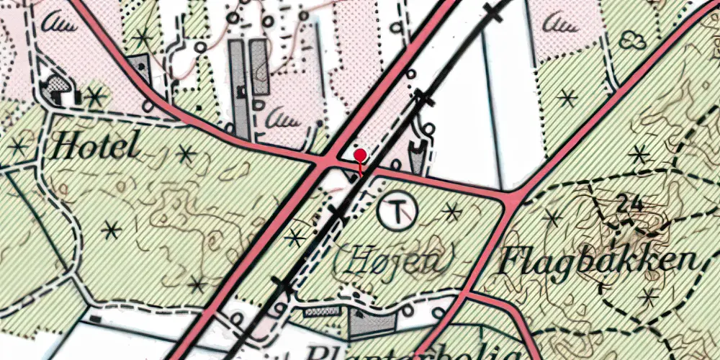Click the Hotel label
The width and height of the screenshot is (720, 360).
pyautogui.click(x=95, y=148)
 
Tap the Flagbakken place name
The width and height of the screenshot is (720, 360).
pyautogui.click(x=598, y=262)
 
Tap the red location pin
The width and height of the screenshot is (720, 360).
pyautogui.click(x=360, y=155)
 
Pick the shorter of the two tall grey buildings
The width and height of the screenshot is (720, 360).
pyautogui.click(x=260, y=67)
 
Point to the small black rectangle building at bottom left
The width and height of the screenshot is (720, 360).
pyautogui.click(x=95, y=318)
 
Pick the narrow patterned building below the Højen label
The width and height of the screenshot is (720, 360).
pyautogui.click(x=322, y=311)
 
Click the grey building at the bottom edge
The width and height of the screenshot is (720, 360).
pyautogui.click(x=371, y=325)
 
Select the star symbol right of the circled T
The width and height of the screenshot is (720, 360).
pyautogui.click(x=451, y=212)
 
